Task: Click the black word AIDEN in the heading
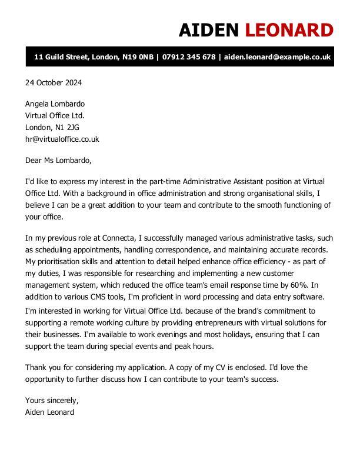209,29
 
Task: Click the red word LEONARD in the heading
289,29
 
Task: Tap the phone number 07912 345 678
188,57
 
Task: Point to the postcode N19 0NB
138,57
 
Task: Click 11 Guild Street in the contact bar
61,57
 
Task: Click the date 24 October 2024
53,82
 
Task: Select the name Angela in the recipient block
37,104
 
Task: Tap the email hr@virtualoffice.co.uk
62,139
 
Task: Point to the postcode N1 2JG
67,128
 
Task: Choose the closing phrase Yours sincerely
52,401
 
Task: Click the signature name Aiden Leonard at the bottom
49,412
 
